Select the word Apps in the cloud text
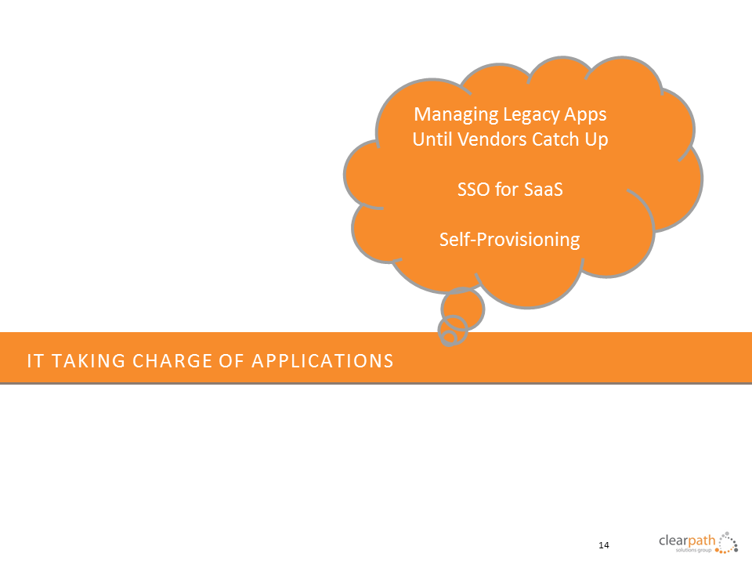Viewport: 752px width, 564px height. coord(585,115)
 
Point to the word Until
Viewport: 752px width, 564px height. coord(432,139)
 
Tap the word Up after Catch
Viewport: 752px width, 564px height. coord(596,140)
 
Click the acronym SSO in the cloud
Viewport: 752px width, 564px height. coord(473,190)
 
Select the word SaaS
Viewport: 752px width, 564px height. coord(543,190)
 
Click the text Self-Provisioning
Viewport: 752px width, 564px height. coord(509,240)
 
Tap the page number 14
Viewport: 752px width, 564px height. coord(604,545)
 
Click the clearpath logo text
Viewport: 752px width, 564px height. coord(687,540)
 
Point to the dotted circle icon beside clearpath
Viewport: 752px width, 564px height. coord(727,542)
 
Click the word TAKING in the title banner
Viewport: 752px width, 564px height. coord(89,361)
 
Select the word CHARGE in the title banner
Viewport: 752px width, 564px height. coord(172,361)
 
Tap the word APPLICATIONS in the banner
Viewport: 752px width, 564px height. coord(322,361)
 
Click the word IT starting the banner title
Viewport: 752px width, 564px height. coord(35,361)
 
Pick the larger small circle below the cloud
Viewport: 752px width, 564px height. coord(463,309)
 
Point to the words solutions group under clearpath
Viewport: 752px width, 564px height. coord(693,550)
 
